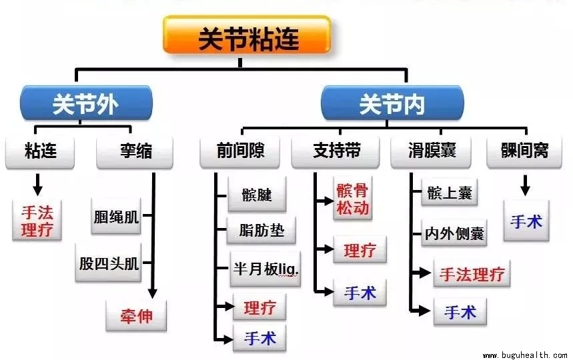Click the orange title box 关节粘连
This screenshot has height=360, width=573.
pos(247,37)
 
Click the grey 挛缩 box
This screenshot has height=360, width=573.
pos(135,152)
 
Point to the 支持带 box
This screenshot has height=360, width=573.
pos(337,152)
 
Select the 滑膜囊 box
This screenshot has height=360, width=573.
pos(432,152)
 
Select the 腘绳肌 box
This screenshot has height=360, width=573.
pos(117,218)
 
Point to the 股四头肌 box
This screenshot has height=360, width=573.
pos(109,263)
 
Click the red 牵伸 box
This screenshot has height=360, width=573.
pos(136,315)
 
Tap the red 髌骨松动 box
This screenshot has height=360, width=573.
pos(352,199)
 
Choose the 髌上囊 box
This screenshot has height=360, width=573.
pos(449,193)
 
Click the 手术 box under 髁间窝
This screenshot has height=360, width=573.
pos(526,221)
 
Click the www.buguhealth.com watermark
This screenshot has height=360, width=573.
pos(525,355)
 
